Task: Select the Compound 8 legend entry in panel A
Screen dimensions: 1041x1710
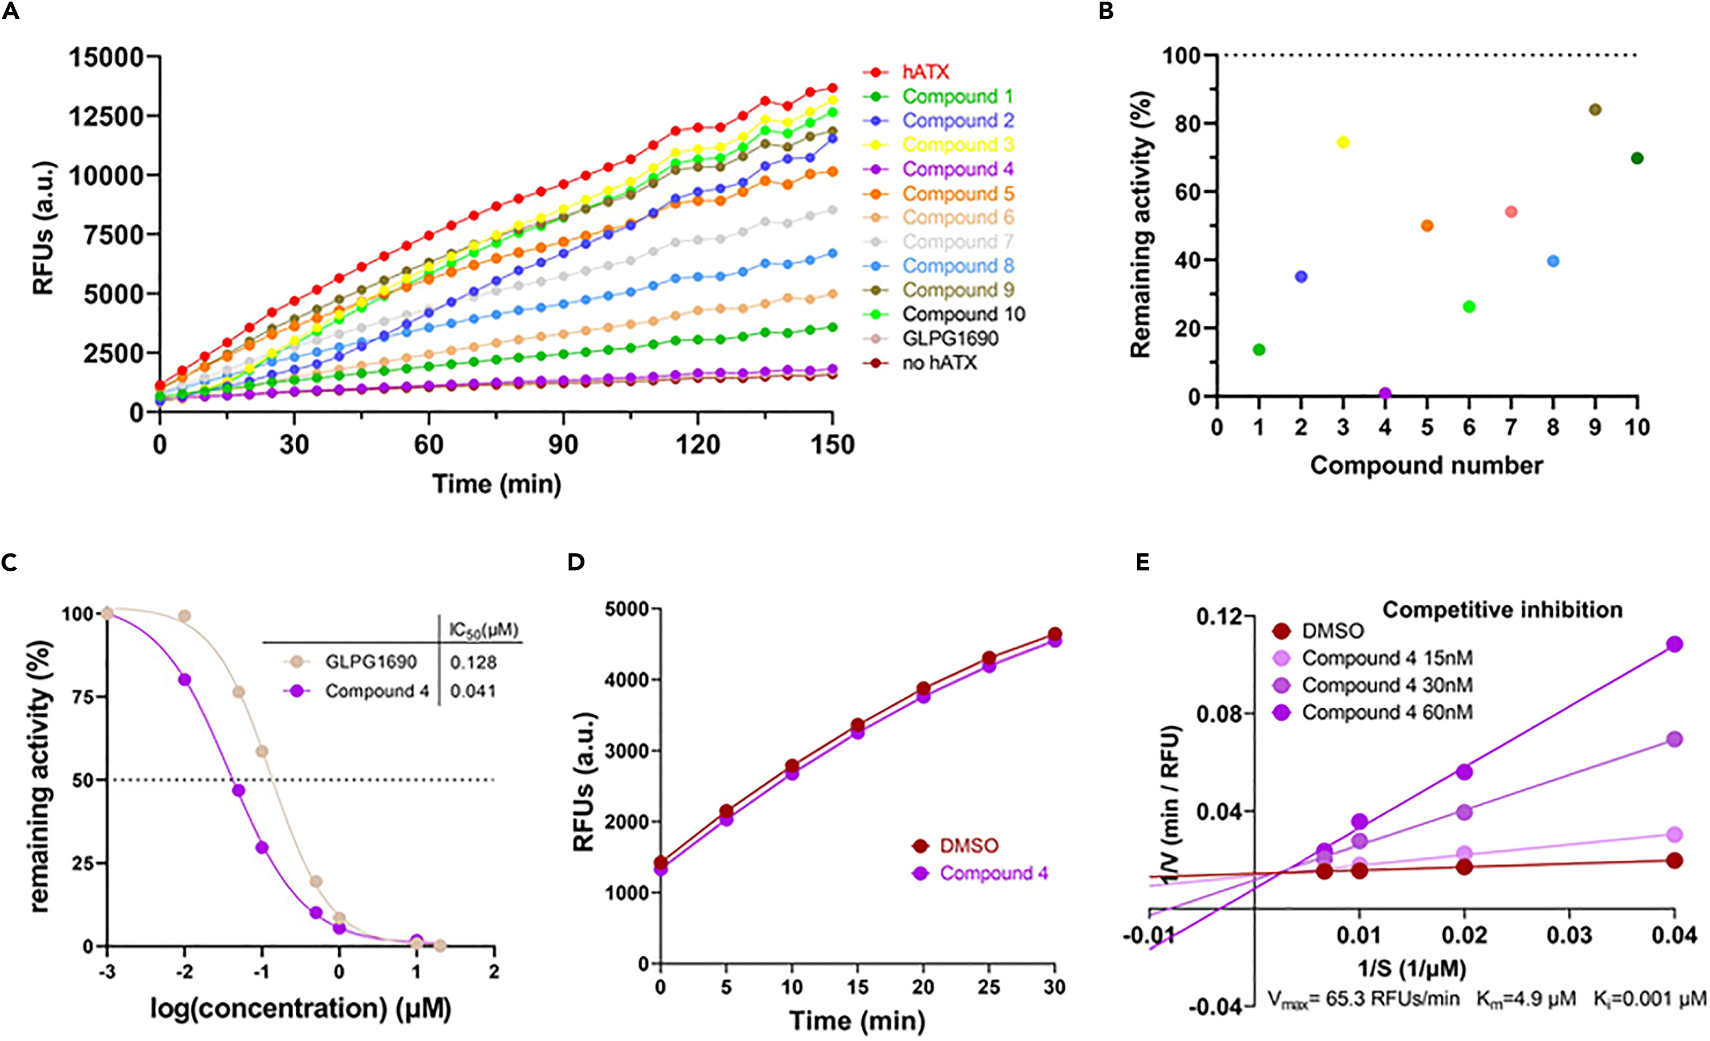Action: [x=958, y=266]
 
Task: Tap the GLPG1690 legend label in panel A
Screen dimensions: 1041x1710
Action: [x=950, y=339]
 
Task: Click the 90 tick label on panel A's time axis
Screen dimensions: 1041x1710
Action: [x=563, y=444]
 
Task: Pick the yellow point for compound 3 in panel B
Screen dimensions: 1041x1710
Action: [x=1343, y=142]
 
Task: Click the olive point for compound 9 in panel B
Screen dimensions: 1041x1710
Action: [x=1595, y=110]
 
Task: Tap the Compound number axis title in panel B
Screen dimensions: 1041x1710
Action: [x=1426, y=465]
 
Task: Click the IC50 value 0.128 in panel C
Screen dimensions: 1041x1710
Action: [x=473, y=663]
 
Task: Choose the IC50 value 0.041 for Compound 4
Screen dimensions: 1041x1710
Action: [x=473, y=691]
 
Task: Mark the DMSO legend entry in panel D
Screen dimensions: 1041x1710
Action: [x=968, y=846]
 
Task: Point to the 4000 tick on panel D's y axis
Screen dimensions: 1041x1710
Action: [x=626, y=680]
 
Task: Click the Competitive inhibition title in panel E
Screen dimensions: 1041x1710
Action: [x=1503, y=610]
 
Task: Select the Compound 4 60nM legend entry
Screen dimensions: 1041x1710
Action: [x=1386, y=713]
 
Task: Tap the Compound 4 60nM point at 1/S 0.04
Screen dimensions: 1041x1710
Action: [x=1674, y=644]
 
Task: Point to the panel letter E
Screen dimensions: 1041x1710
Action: [x=1142, y=562]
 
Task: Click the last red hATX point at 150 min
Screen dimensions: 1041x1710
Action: [x=832, y=88]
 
